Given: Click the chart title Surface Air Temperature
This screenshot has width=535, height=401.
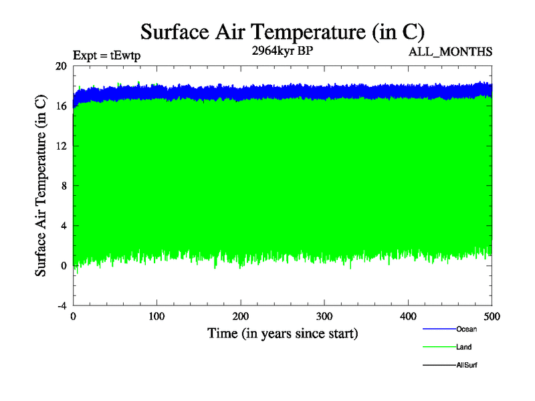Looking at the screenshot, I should tap(282, 31).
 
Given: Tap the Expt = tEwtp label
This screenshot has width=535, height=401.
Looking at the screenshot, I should tap(106, 55).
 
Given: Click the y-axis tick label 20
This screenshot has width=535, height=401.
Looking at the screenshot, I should tap(61, 66).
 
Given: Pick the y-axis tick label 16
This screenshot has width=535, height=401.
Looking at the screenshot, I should tap(61, 106).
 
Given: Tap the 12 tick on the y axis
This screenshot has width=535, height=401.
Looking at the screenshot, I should tap(61, 146).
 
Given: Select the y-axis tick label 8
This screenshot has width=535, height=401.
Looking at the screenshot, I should tap(64, 186).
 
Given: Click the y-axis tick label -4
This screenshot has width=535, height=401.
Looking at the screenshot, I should tap(61, 305).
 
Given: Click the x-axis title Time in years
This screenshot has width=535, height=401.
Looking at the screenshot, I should tap(282, 333).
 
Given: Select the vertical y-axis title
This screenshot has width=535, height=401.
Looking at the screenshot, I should tap(41, 186).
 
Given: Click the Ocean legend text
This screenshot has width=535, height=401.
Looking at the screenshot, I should tap(466, 329).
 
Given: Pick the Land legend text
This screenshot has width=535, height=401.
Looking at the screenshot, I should tap(463, 347).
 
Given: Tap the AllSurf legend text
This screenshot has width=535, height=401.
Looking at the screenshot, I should tap(466, 365).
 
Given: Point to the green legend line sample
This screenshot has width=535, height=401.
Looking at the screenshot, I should tap(439, 347).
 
